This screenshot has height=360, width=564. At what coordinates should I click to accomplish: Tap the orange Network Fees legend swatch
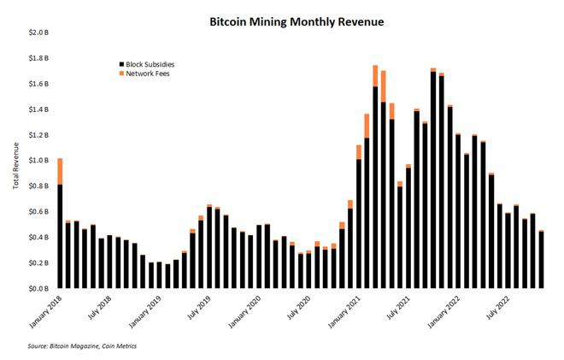120,74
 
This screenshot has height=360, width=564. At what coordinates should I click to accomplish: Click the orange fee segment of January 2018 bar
60,171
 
